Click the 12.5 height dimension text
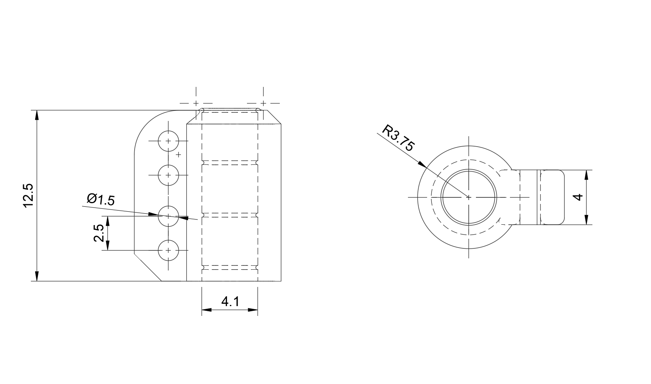29,196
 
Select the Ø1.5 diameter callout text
101,200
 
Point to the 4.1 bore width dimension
229,301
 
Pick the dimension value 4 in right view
579,197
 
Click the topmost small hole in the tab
168,141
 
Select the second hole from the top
168,175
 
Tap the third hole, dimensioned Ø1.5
168,216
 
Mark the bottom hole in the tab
168,250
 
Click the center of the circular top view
469,197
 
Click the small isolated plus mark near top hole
179,155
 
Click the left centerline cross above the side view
196,103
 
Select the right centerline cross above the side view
263,103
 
